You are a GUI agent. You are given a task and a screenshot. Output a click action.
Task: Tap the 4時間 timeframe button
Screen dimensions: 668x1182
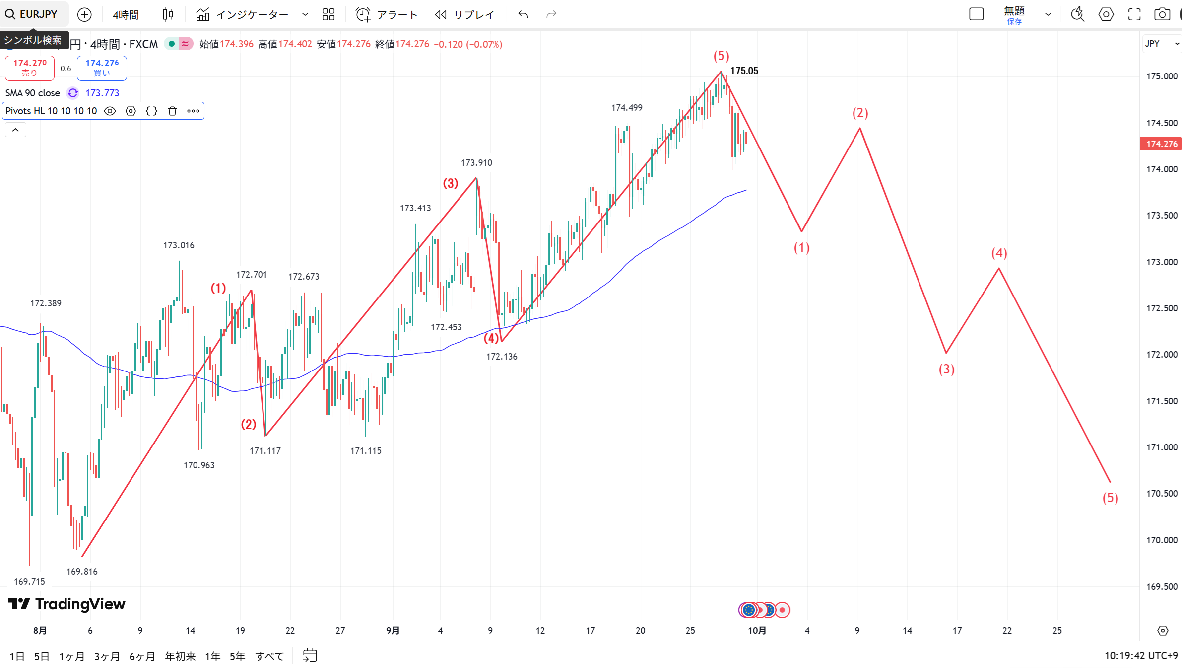[126, 15]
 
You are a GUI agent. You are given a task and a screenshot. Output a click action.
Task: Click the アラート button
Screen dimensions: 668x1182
[387, 15]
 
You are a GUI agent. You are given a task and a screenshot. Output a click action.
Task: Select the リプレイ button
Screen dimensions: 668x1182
[464, 15]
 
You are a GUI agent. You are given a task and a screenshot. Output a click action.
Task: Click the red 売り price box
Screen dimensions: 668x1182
[30, 68]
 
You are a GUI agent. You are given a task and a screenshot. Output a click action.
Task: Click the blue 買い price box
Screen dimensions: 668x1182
[102, 68]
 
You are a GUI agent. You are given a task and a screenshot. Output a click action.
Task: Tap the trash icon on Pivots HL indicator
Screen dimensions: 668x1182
[172, 111]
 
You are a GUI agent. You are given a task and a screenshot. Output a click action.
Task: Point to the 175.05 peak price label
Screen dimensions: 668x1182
[744, 71]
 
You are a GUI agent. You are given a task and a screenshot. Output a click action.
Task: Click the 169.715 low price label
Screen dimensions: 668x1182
[29, 581]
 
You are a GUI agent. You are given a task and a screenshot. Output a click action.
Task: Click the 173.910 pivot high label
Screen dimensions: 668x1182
[476, 162]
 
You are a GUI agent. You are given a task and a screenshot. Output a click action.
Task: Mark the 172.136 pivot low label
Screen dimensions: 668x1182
[502, 356]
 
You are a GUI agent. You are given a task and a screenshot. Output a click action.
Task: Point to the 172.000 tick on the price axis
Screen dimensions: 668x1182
[1161, 354]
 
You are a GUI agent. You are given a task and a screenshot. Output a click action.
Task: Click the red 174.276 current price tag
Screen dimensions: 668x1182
[1161, 144]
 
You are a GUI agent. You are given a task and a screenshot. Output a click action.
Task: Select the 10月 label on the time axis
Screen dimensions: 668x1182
[757, 630]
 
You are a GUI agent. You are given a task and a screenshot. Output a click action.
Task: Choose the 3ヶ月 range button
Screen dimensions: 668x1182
[107, 656]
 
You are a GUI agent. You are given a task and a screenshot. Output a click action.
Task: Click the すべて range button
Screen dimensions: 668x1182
[269, 656]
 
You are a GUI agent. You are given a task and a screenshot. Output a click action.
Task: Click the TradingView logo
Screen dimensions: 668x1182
[67, 604]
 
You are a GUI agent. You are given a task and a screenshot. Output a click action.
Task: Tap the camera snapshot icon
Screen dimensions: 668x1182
[1162, 14]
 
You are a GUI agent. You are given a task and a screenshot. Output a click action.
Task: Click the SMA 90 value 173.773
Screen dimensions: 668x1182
[102, 93]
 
